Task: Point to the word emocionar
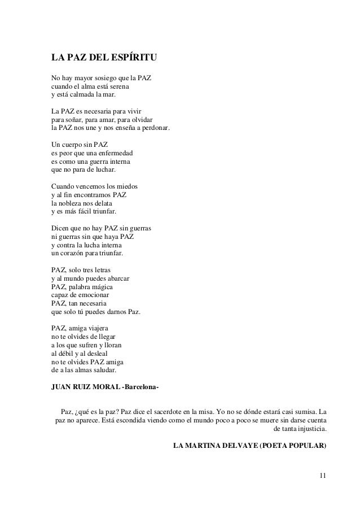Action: tap(91, 295)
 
